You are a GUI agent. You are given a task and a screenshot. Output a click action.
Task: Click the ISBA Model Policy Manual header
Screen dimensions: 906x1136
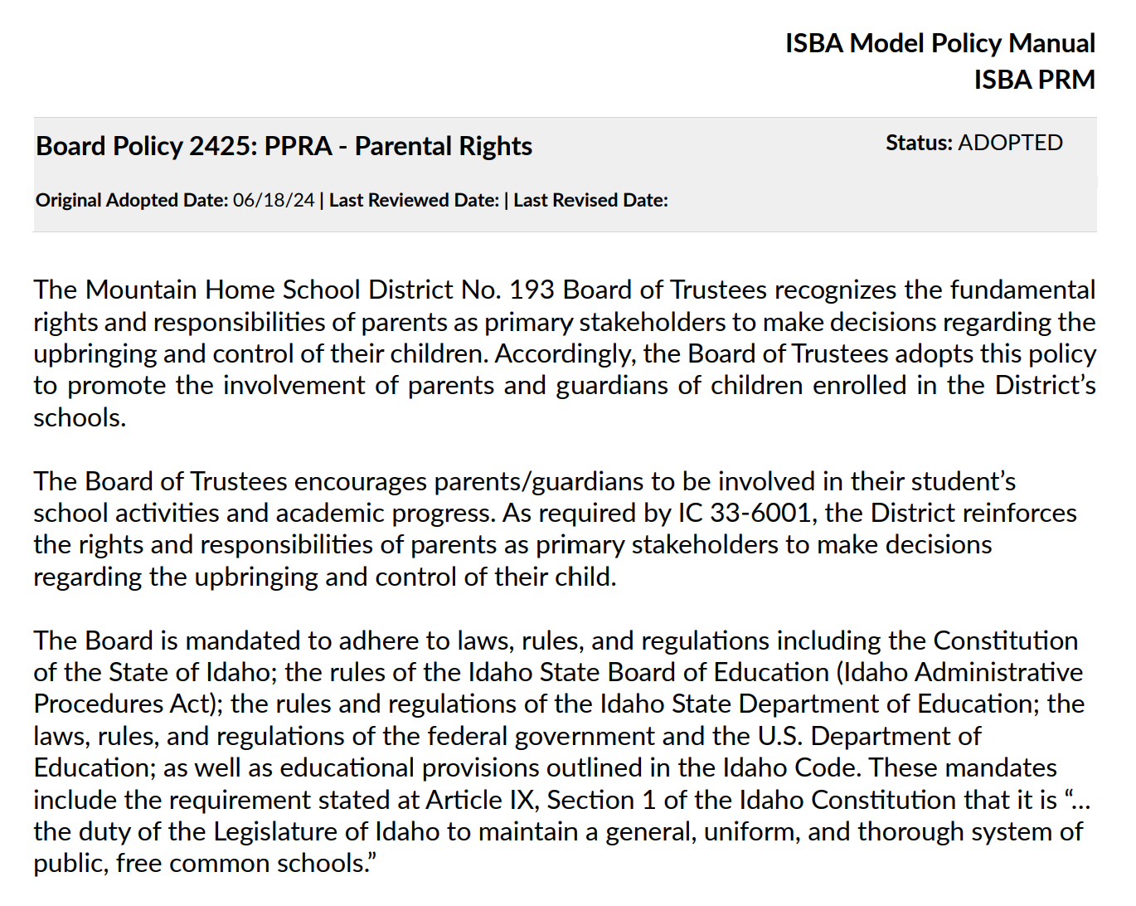click(939, 43)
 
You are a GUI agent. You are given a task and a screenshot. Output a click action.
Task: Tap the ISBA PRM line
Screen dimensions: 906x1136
click(1034, 80)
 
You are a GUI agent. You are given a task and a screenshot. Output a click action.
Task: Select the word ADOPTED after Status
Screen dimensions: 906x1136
click(1010, 143)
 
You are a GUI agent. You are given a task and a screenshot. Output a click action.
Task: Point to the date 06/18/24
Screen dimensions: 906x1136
click(274, 201)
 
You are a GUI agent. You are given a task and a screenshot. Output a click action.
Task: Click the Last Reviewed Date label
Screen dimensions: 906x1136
click(414, 201)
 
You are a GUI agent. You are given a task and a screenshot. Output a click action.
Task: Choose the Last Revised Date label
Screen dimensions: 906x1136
click(590, 201)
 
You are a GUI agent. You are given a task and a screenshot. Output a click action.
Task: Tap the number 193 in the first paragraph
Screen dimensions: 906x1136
click(531, 290)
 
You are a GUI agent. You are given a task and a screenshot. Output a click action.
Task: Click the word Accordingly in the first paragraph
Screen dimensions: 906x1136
click(565, 353)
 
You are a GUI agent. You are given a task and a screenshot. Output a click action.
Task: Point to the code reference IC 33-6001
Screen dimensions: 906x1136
click(744, 513)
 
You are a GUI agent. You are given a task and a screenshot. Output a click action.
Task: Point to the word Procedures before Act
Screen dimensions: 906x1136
click(99, 704)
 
